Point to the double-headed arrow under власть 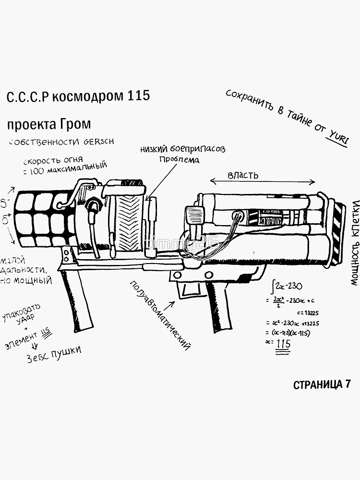coord(263,182)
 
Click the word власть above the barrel coord(242,175)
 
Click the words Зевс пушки coord(53,354)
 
